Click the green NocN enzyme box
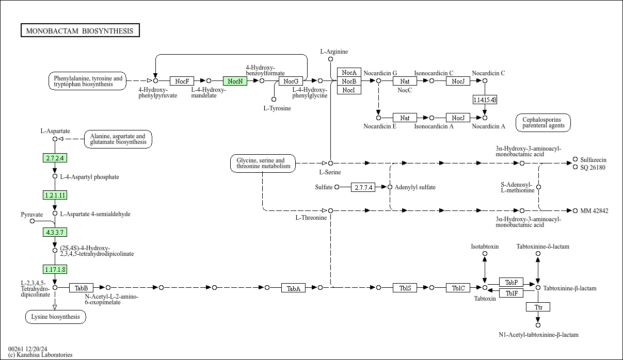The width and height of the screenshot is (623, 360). click(x=235, y=81)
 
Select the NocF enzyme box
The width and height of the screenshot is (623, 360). click(x=182, y=81)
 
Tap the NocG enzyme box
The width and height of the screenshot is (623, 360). click(x=291, y=81)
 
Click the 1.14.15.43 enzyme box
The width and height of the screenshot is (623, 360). click(x=485, y=100)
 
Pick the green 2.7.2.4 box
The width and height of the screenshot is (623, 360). click(x=55, y=158)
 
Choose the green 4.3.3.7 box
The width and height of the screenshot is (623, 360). click(x=55, y=232)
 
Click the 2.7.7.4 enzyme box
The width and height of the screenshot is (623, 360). click(x=363, y=187)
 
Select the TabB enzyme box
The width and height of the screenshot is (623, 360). click(x=81, y=288)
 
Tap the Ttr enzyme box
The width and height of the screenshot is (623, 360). click(x=538, y=307)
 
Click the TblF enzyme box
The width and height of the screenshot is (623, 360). click(x=511, y=293)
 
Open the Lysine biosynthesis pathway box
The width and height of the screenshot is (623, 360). click(x=56, y=317)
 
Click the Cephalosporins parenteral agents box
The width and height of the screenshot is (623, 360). click(x=543, y=123)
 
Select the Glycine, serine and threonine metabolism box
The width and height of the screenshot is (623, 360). click(x=263, y=163)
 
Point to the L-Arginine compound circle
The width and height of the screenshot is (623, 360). click(x=330, y=59)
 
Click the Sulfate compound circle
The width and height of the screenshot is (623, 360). click(x=337, y=187)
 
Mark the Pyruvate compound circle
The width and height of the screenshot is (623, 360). click(x=33, y=221)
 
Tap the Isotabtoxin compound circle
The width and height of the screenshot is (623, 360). click(x=485, y=254)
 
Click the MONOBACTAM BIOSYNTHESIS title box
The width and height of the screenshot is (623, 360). click(x=80, y=30)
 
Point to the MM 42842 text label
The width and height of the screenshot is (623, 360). click(x=594, y=211)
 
